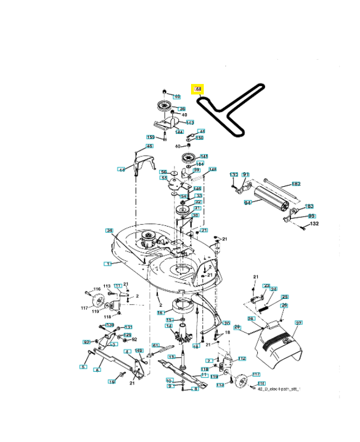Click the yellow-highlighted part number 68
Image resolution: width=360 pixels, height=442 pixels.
[198, 88]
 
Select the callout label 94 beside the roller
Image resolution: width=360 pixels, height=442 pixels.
[247, 203]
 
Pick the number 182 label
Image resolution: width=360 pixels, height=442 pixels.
[296, 184]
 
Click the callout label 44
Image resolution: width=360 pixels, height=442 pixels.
[121, 170]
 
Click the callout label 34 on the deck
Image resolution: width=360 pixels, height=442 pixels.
[109, 230]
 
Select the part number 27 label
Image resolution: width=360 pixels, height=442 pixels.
[299, 323]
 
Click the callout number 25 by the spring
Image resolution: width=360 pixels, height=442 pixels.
[285, 297]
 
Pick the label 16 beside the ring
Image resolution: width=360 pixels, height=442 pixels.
[161, 313]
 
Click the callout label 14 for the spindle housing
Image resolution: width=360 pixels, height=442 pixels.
[169, 326]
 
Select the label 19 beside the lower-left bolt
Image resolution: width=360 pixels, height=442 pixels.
[111, 382]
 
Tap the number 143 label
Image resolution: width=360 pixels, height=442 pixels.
[189, 122]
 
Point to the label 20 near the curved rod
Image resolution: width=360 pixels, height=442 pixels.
[226, 323]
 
